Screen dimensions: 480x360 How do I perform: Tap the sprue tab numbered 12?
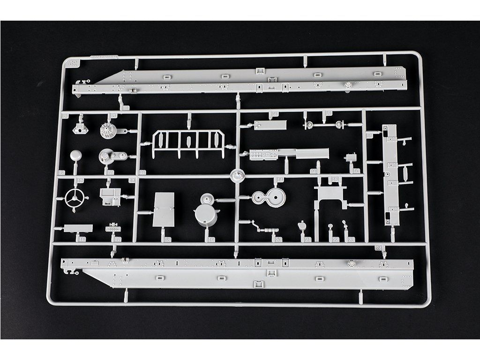(x=80, y=180)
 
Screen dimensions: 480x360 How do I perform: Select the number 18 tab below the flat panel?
(x=167, y=240)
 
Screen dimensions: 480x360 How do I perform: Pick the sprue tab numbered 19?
(x=212, y=240)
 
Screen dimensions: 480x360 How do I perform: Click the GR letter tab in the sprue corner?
(x=72, y=63)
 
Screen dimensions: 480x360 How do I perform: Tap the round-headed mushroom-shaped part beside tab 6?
(x=75, y=156)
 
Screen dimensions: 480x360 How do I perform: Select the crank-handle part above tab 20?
(x=262, y=229)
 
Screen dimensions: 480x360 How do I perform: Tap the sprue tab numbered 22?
(x=335, y=240)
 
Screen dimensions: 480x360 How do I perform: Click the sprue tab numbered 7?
(x=111, y=172)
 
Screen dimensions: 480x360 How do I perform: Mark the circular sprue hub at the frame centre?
(x=238, y=176)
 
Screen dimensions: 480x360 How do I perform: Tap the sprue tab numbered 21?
(x=308, y=240)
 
